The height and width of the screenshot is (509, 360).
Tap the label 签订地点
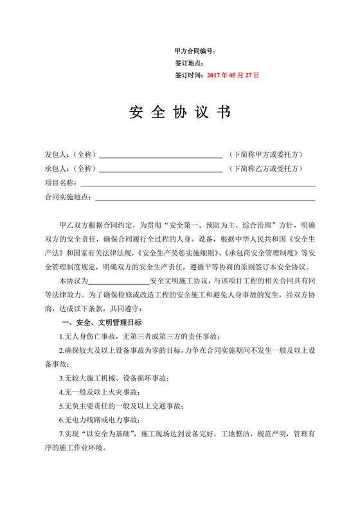coord(188,63)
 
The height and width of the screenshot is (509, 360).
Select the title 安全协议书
coord(179,113)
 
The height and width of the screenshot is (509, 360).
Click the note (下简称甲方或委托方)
coord(265,155)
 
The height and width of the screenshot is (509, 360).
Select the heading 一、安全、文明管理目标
coord(100,322)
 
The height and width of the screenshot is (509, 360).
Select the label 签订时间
coord(189,75)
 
